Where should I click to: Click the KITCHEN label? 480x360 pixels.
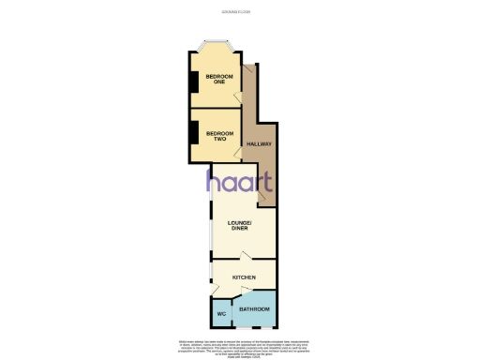[245, 277]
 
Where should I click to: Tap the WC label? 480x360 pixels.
[221, 314]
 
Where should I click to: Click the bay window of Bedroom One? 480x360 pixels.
[215, 43]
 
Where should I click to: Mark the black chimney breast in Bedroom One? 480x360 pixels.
[193, 82]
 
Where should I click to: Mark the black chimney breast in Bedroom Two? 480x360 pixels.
[193, 135]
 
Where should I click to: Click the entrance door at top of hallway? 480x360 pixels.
[249, 69]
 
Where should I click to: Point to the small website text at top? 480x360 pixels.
[240, 12]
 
